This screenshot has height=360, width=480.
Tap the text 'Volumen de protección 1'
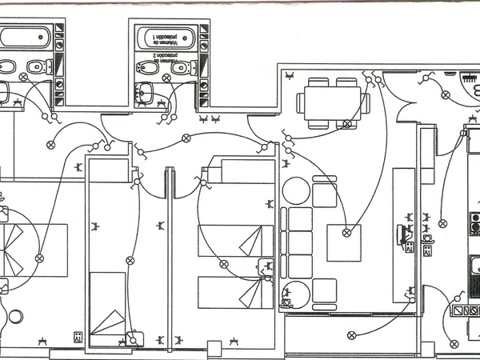(x=168, y=36)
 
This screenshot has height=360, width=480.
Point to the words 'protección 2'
(x=163, y=60)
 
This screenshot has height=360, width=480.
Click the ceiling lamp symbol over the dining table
(x=347, y=124)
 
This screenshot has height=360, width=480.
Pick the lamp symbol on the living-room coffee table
(x=346, y=233)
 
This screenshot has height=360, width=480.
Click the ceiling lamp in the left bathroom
(x=23, y=78)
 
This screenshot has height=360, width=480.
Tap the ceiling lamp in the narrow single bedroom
(x=128, y=260)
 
